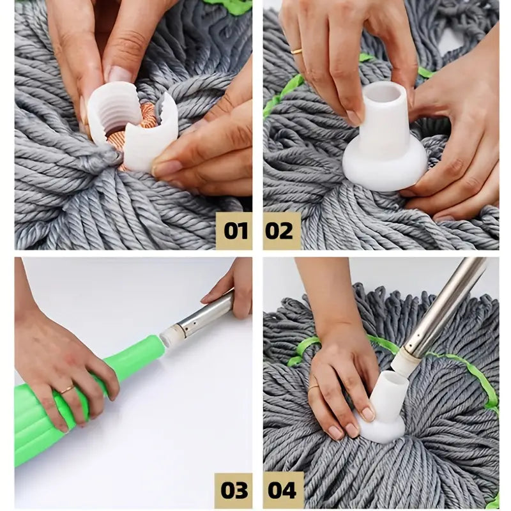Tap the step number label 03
click(x=234, y=490)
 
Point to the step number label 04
click(x=282, y=490)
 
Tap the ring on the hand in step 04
click(x=314, y=386)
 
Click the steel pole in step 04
click(x=441, y=307)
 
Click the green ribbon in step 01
click(x=230, y=6)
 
